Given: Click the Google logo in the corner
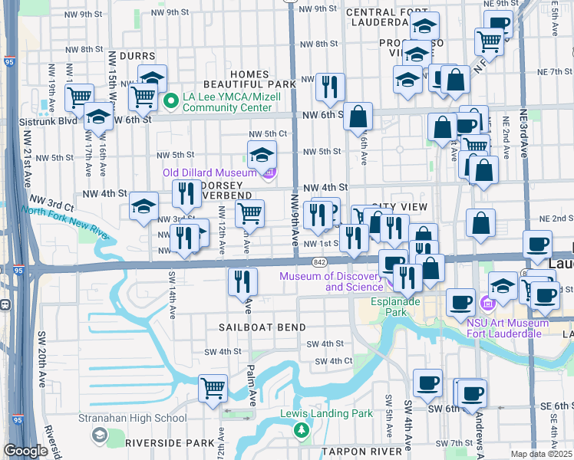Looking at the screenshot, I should tap(26, 451).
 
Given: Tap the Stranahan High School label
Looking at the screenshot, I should tap(132, 418).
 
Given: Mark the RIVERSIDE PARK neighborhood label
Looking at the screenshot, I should tap(170, 442).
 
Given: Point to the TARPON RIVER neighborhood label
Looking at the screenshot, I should tap(361, 452).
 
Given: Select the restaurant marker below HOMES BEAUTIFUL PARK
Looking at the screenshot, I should tap(331, 87).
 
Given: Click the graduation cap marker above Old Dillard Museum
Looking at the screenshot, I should tap(262, 154).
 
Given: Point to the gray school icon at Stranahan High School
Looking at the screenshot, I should tap(98, 435).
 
